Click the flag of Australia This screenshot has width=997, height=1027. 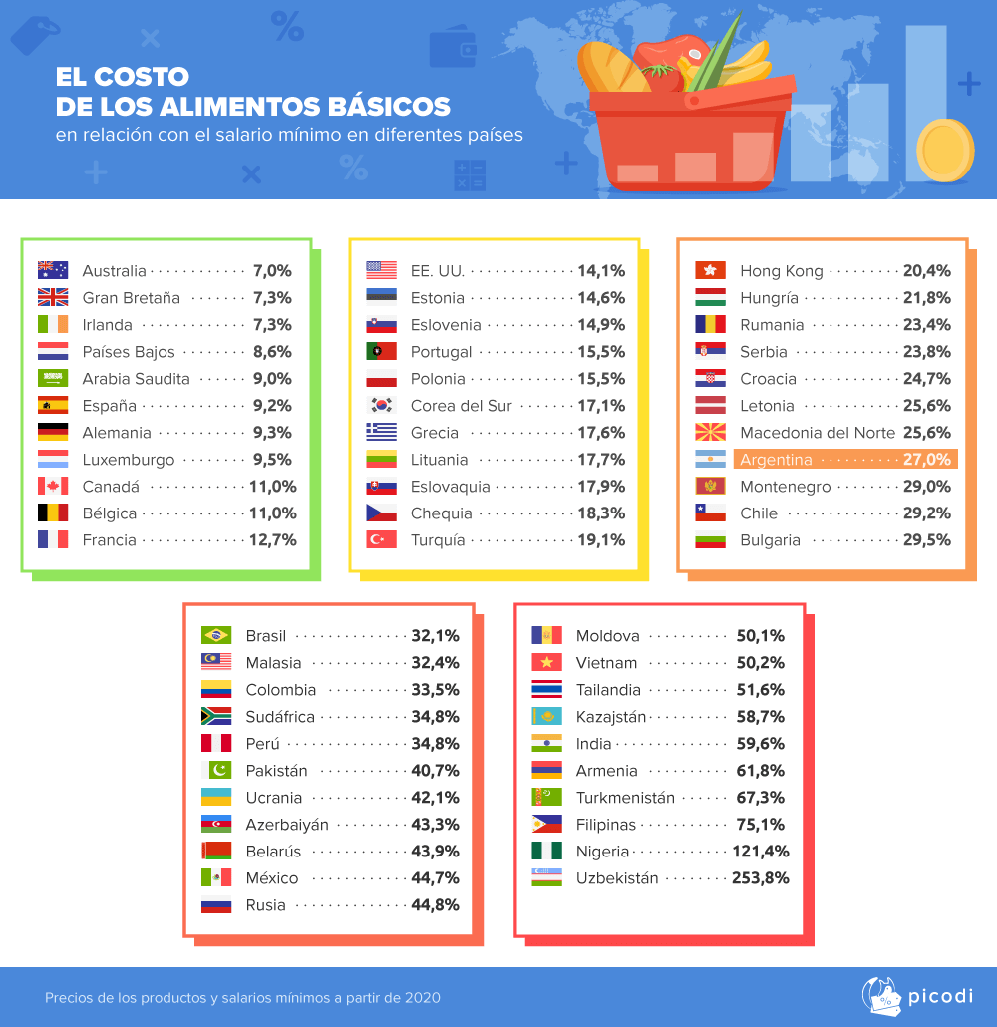53,270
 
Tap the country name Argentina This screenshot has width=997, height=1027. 776,460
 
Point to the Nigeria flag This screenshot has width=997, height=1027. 547,852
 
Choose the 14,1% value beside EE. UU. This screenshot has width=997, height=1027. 601,270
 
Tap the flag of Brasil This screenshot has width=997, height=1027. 216,635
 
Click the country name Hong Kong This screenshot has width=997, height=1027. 781,270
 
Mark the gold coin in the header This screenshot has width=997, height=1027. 945,150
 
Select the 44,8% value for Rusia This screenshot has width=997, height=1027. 435,905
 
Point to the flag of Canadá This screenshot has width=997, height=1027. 53,486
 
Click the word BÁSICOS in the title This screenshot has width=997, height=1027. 385,106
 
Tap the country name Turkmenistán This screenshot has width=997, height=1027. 625,798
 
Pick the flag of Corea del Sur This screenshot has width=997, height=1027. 382,405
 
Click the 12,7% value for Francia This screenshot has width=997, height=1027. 272,539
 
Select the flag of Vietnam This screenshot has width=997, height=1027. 547,662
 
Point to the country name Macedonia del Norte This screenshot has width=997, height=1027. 817,432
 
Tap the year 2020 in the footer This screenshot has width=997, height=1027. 422,997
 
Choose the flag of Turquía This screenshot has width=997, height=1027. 382,539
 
